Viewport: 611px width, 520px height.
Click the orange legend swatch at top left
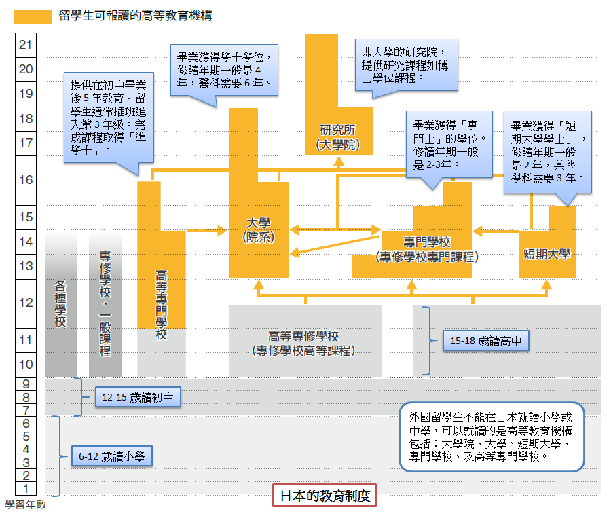point(33,16)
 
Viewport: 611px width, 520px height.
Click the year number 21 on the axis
point(26,45)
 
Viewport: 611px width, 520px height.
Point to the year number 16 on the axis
point(26,179)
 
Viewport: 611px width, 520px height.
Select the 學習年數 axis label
point(26,505)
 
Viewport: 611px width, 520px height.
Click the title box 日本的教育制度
point(324,495)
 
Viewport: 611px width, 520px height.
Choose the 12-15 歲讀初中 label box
point(137,397)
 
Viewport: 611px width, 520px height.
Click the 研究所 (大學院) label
point(339,138)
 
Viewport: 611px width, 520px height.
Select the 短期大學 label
point(547,255)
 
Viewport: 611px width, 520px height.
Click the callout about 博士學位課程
point(405,64)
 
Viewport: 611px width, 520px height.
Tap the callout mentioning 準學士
point(108,117)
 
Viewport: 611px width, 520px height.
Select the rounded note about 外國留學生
point(492,437)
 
